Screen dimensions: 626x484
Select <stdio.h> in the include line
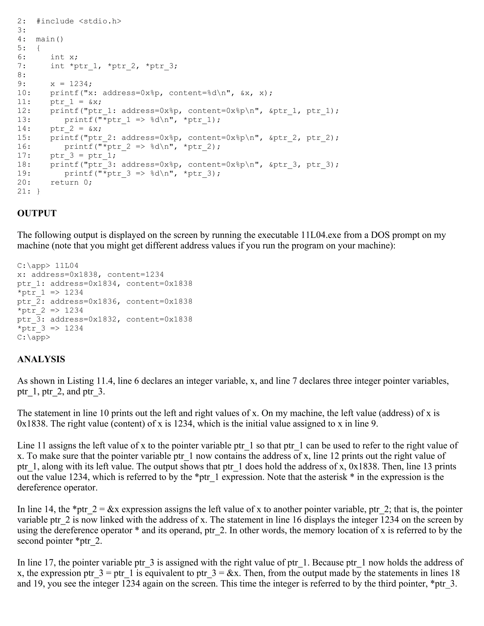pyautogui.click(x=100, y=21)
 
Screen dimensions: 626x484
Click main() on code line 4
pyautogui.click(x=50, y=39)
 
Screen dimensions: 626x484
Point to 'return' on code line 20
pyautogui.click(x=65, y=183)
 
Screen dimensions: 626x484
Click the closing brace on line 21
pyautogui.click(x=39, y=192)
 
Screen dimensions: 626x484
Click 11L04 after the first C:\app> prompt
pyautogui.click(x=66, y=266)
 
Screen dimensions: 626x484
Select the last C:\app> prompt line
pyautogui.click(x=34, y=337)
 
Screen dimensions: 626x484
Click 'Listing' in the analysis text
pyautogui.click(x=80, y=381)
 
